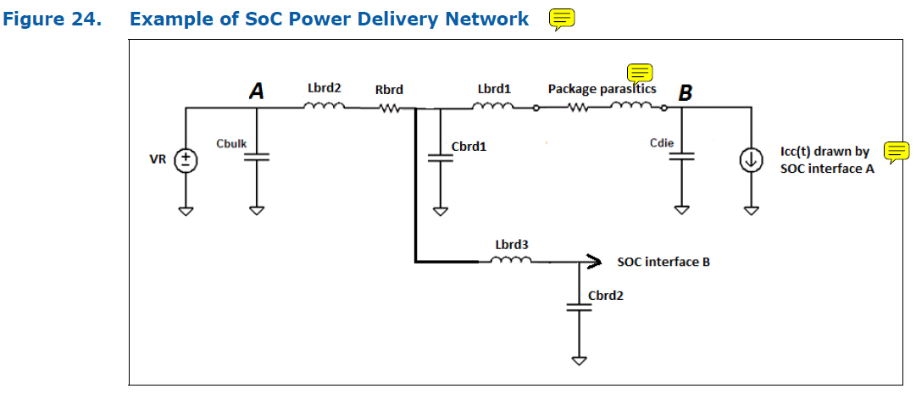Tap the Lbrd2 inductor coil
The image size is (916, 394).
pos(324,107)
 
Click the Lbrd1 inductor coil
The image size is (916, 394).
pos(493,107)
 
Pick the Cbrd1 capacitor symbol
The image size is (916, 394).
pos(439,158)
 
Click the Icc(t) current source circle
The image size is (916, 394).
pos(750,159)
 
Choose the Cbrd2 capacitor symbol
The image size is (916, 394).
pos(580,308)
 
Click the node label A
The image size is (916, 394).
pos(256,91)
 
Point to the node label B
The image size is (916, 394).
pos(685,92)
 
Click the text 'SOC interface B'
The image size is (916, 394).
pos(663,262)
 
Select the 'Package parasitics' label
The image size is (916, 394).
pos(602,88)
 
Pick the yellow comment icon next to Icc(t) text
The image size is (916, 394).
pos(896,151)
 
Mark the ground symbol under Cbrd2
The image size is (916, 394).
pos(580,359)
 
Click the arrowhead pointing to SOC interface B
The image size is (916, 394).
pos(596,261)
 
